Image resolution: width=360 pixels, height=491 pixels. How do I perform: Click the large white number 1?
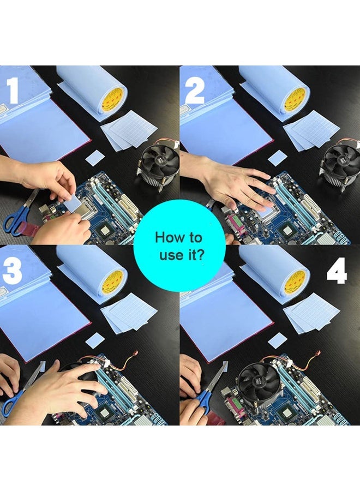tap(13, 90)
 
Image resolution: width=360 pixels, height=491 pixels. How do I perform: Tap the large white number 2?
tap(195, 91)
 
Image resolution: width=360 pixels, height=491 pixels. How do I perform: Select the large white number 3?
tap(12, 271)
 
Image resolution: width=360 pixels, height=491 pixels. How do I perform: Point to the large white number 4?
tap(337, 271)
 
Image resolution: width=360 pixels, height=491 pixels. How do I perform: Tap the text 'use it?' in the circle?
tap(182, 255)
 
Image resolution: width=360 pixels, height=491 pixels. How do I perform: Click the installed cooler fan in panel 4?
tap(260, 384)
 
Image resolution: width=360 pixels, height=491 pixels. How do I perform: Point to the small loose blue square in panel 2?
tap(278, 158)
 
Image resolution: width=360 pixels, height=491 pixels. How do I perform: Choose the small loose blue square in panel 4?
tap(278, 340)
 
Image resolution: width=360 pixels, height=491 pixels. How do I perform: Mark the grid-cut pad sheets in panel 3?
tap(129, 313)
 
